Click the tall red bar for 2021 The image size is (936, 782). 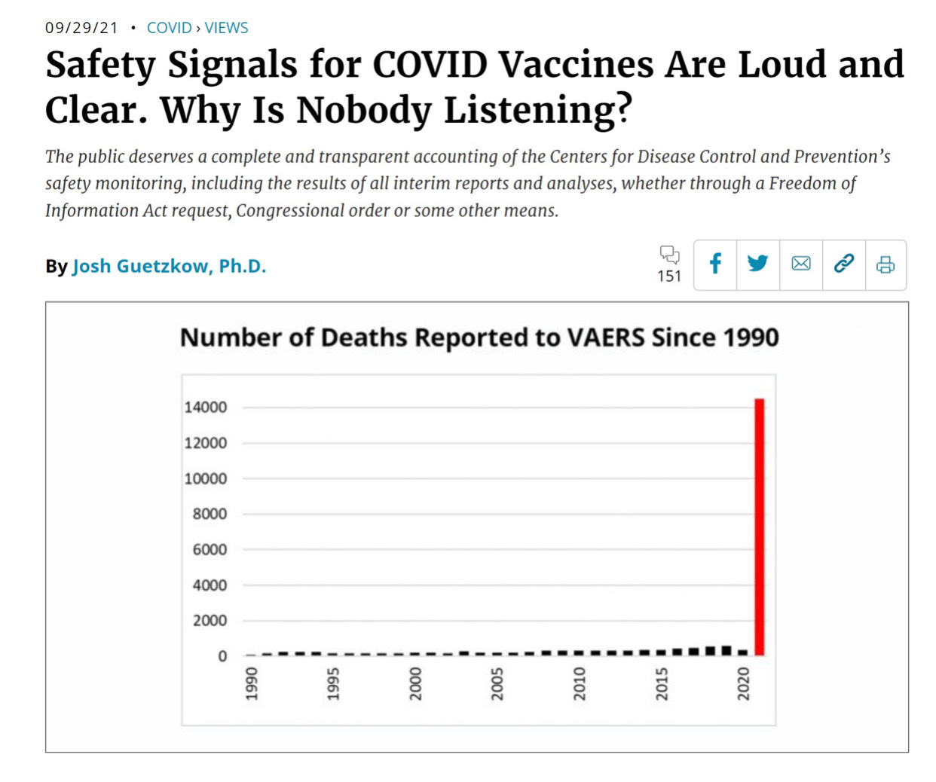coord(760,527)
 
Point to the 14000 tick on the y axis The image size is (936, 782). coord(206,408)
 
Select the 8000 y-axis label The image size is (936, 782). coord(210,514)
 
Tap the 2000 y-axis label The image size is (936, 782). coord(210,621)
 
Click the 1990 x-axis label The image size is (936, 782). coord(252,683)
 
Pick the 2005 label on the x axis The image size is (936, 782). coord(497,683)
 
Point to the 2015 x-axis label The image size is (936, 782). coord(662,683)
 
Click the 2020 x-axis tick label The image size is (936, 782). coord(744,683)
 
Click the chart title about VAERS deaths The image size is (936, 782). coord(479,338)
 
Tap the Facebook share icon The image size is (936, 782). coord(715,264)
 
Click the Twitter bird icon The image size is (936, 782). coord(757,264)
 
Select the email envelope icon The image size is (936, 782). coord(801,264)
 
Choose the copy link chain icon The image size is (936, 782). coord(844,264)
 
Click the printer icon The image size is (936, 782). coord(886,264)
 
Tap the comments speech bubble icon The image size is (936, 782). coord(669,255)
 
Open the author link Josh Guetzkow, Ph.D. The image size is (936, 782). coord(169,267)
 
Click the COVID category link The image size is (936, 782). coord(169,28)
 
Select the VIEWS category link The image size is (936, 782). coord(226,28)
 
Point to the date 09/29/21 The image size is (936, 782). coord(81,28)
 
